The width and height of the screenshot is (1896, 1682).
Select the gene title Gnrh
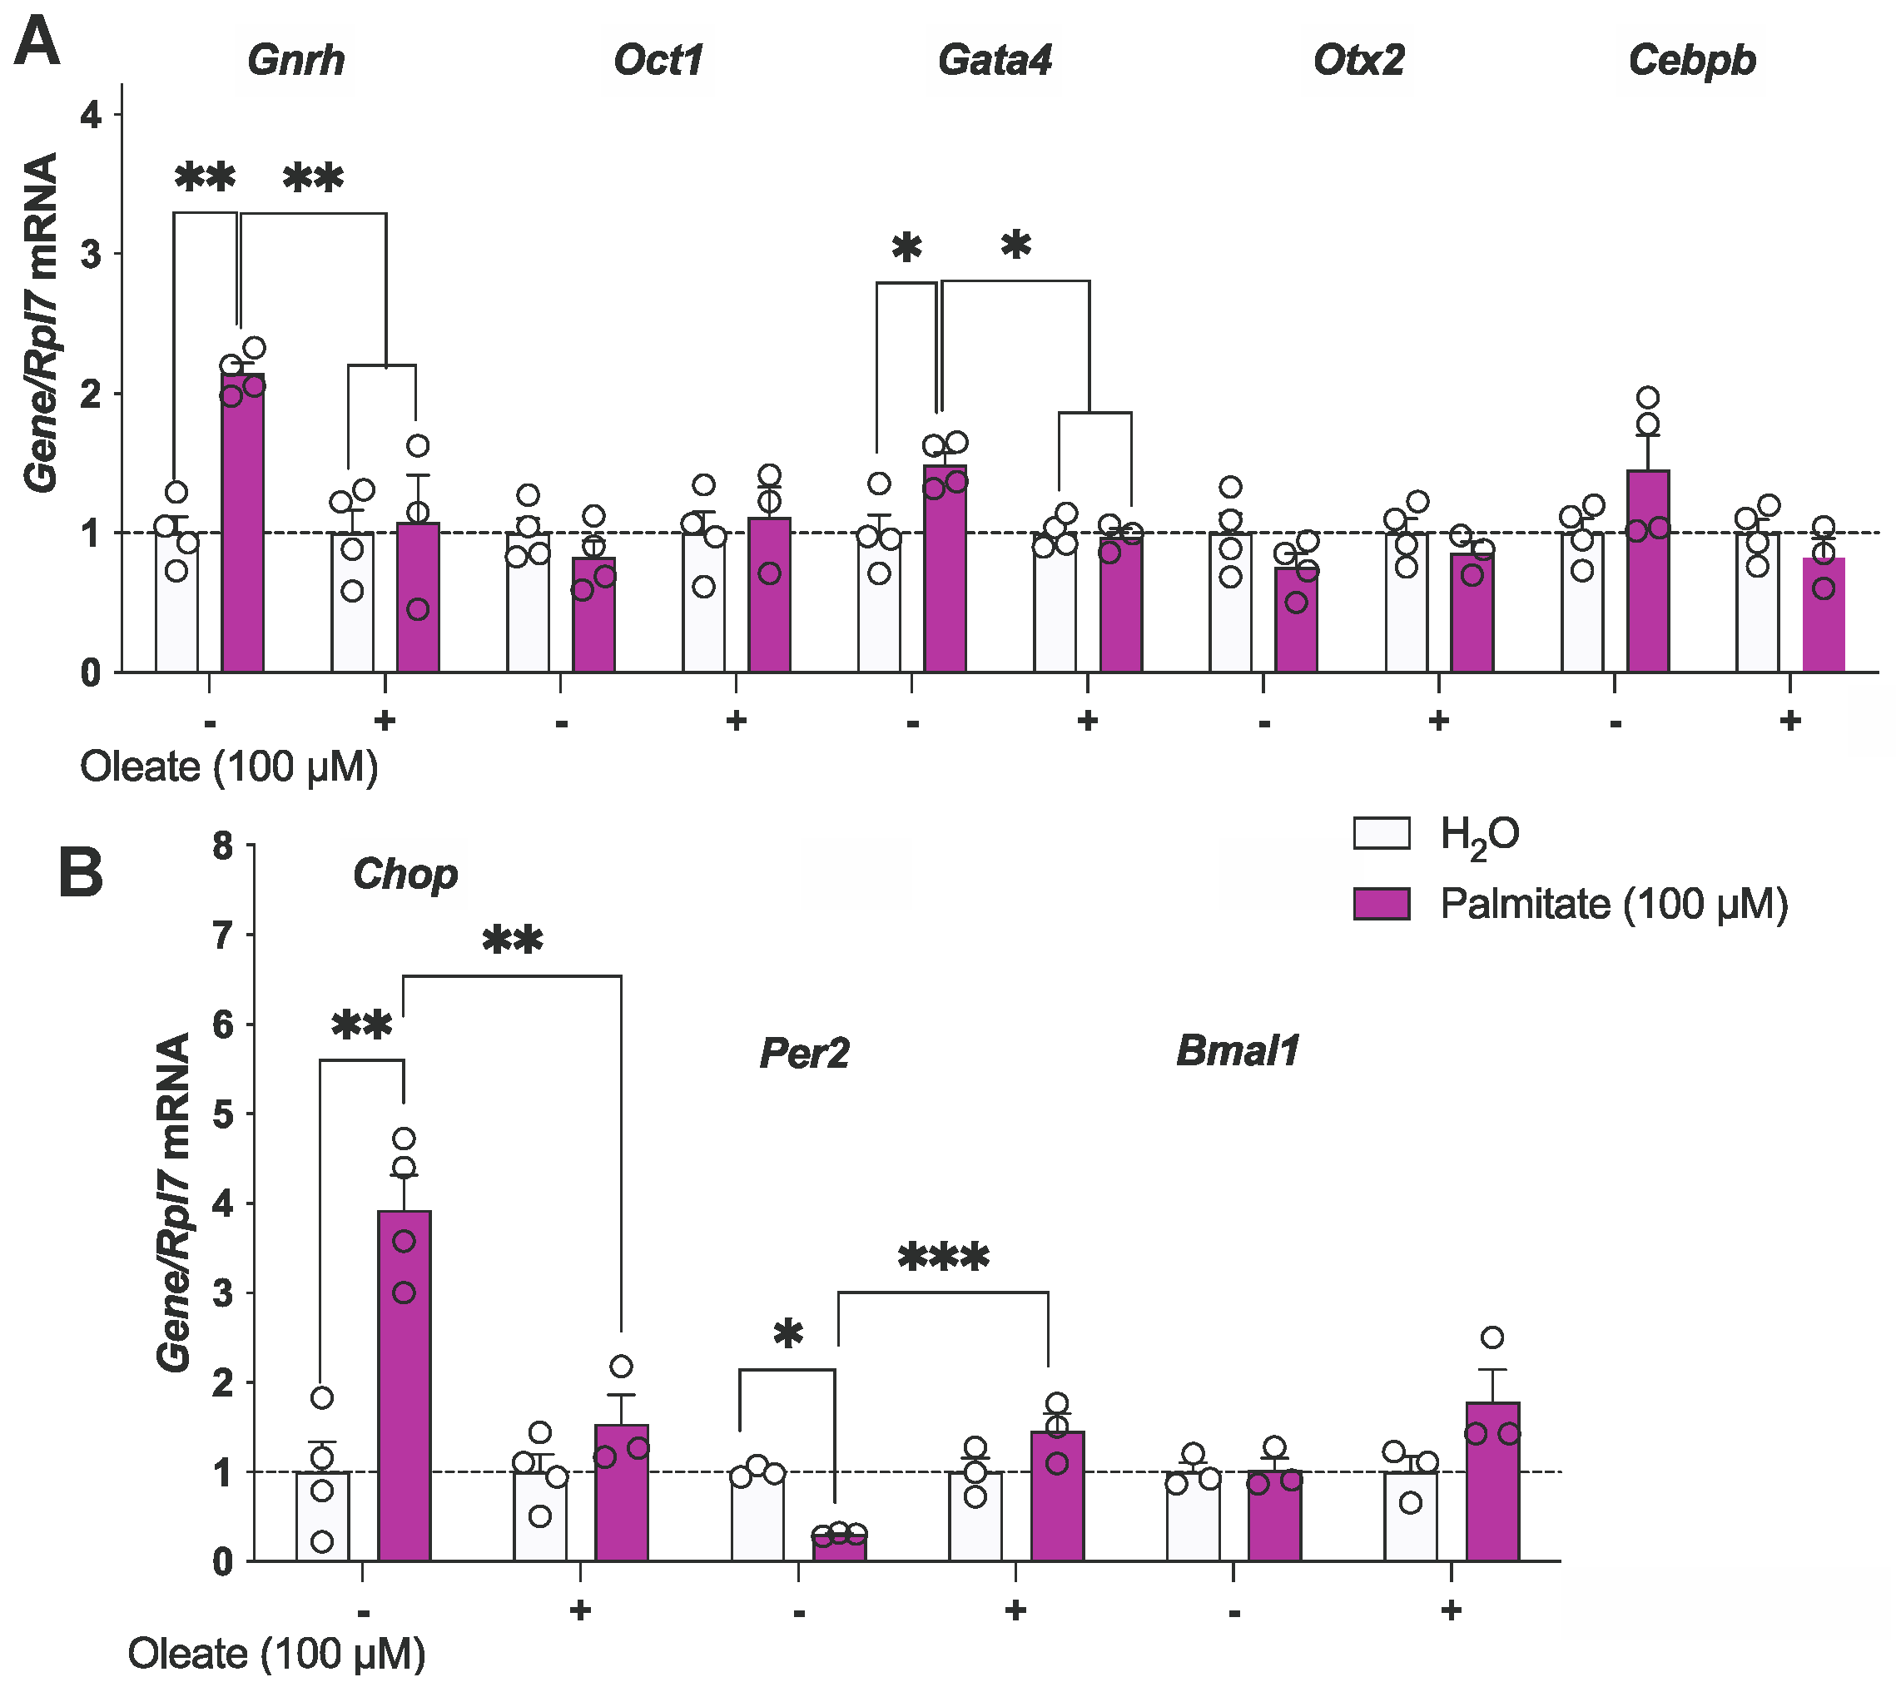coord(296,60)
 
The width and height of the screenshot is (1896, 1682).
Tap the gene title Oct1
coord(658,60)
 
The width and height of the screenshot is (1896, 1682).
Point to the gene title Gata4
coord(995,60)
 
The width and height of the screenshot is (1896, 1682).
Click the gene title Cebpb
coord(1692,60)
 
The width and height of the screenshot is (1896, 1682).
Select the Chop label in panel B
coord(405,874)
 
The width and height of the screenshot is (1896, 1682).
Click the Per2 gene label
coord(804,1053)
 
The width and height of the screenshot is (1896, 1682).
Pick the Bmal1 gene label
coord(1238,1051)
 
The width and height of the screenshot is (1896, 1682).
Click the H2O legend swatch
coord(1381,833)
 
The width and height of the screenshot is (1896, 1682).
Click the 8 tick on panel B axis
coord(222,846)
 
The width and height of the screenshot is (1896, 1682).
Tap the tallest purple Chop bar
coord(405,1392)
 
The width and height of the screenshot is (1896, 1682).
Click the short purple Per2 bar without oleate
coord(840,1547)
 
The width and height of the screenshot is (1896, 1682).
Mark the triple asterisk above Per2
coord(943,1260)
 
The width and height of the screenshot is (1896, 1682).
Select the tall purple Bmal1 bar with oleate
coord(1492,1485)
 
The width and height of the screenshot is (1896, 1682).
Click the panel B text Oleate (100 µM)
coord(276,1655)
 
